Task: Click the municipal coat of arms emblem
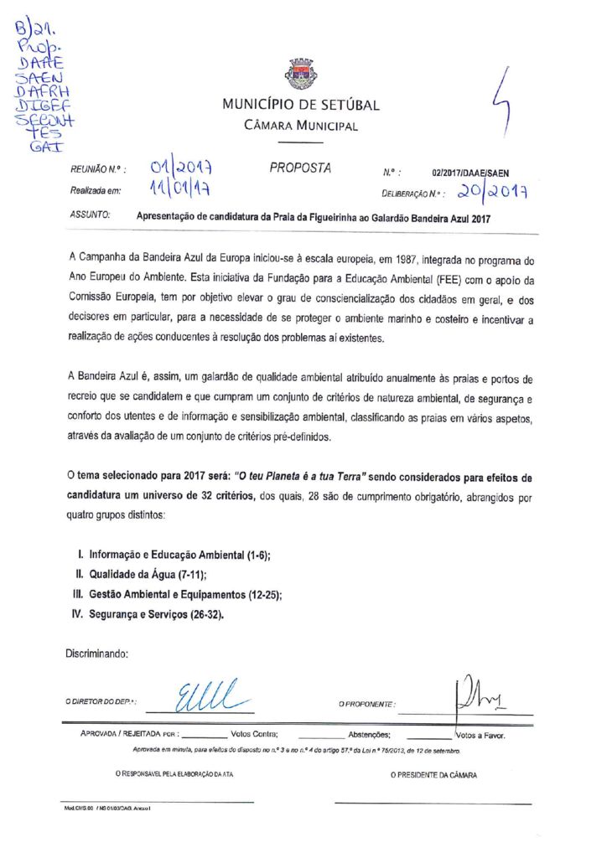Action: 301,75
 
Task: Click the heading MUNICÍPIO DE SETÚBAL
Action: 301,106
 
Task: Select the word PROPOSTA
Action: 300,168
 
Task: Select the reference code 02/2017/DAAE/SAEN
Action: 470,172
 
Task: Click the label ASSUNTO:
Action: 91,215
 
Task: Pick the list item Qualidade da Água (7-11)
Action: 142,575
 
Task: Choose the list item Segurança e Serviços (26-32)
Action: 148,614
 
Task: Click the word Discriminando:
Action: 96,653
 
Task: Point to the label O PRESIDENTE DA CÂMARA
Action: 433,776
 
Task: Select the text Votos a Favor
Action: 480,736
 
